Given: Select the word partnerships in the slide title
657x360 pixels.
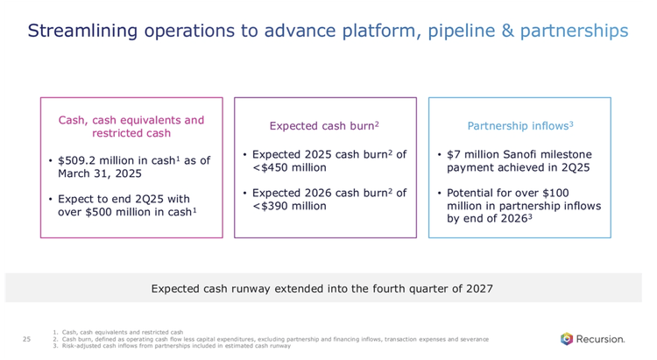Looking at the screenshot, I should [574, 32].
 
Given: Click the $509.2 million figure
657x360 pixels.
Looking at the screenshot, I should [94, 161].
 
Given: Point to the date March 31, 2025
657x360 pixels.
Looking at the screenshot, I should [94, 173].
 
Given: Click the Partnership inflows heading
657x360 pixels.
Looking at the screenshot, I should [519, 126].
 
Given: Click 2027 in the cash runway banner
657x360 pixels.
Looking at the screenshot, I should [477, 288].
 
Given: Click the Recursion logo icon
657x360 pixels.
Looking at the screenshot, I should [567, 338].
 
